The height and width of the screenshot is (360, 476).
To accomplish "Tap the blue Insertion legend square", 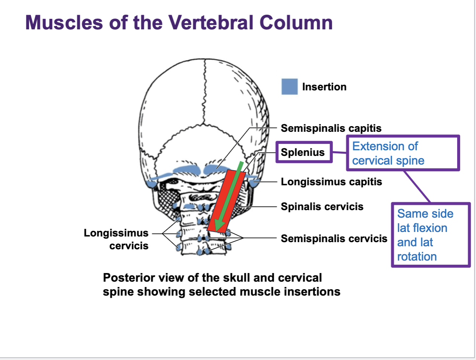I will tap(289, 87).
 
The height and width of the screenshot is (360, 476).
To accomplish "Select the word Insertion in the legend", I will tap(324, 87).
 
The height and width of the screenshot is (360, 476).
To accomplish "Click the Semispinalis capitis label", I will tap(331, 128).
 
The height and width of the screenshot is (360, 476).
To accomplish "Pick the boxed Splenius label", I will tap(303, 152).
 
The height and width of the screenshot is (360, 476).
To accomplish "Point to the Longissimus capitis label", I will tap(331, 182).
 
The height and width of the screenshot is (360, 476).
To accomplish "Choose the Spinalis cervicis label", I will tap(322, 207).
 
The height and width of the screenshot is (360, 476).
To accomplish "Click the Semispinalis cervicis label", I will tap(334, 239).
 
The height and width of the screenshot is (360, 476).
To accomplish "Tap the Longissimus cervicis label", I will tap(116, 239).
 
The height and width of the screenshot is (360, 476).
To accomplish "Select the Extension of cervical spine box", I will tap(403, 153).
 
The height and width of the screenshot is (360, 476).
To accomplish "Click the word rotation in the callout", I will tap(417, 257).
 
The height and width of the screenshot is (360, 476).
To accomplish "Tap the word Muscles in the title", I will tap(64, 23).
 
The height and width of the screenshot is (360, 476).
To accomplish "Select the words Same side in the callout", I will tap(425, 214).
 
